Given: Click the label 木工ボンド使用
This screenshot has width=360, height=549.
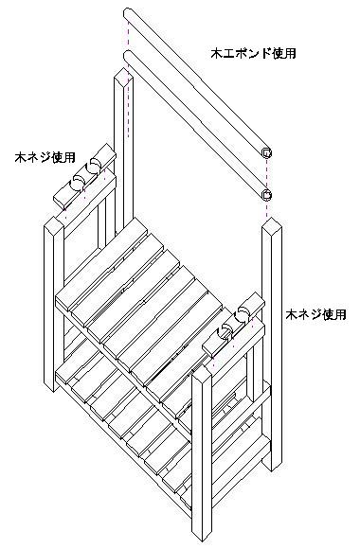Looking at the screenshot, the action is pos(253,53).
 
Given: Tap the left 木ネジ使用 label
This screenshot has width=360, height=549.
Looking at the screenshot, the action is pos(45,157).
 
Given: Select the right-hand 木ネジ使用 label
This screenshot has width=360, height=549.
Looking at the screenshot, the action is pos(315,314).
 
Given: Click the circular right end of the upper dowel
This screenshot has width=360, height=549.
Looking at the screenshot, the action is pos(267,152).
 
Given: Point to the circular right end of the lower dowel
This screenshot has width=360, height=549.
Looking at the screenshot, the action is pos(267,194).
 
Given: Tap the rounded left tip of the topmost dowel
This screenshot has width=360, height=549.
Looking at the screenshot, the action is pos(128,12).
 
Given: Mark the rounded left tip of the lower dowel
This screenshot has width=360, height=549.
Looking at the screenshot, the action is pos(128,55).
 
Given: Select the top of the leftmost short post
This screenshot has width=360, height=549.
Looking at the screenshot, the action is pos(54,224).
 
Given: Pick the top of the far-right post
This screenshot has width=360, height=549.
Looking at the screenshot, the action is pos(272,225).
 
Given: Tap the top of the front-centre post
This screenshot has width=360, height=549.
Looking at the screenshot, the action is pos(202,373).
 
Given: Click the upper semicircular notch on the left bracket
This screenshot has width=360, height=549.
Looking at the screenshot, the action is pos(94,164).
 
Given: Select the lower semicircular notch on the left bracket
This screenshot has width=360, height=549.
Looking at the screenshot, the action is pos(78,180).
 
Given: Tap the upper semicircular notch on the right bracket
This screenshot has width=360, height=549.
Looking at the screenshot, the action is pos(243,311).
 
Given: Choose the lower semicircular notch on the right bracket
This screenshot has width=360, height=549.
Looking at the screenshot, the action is pos(226,328).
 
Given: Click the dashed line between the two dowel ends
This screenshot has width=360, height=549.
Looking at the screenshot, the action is pos(267,173).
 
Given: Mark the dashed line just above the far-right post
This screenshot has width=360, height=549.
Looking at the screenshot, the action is pos(267,208).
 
